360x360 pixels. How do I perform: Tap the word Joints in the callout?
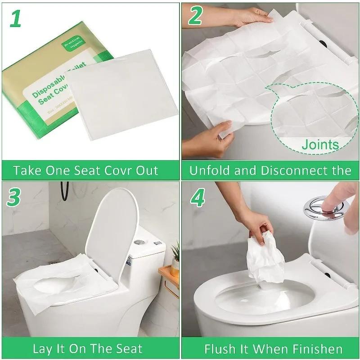[x=320, y=144]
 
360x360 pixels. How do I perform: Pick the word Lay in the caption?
[x=42, y=349]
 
